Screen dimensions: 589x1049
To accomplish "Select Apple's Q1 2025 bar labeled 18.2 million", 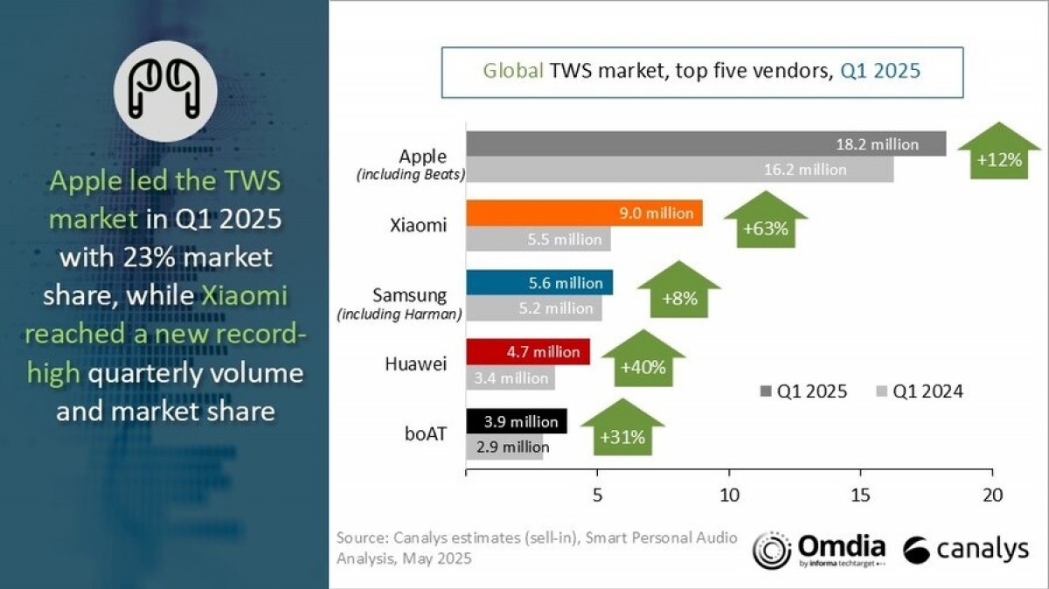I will coord(705,144).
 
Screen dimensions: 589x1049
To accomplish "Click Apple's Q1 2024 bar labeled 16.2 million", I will coord(679,170).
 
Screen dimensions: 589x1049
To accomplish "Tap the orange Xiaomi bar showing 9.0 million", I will coord(584,212).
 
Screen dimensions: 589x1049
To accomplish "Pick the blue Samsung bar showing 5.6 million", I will coord(539,282).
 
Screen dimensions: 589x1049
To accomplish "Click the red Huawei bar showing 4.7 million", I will coord(528,352).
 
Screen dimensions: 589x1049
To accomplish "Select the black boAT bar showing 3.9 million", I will coord(517,421).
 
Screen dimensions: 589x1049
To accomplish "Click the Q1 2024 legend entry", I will coord(918,392).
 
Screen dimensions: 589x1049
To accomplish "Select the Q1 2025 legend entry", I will coord(804,392).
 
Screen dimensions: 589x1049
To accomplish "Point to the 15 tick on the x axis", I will coord(861,495).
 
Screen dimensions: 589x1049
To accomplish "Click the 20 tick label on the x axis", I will coord(992,495).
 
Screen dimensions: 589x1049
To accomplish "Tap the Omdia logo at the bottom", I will coord(819,550).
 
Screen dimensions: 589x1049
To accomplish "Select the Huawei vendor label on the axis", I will coord(418,364).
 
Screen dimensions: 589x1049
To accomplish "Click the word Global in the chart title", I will coord(513,71).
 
